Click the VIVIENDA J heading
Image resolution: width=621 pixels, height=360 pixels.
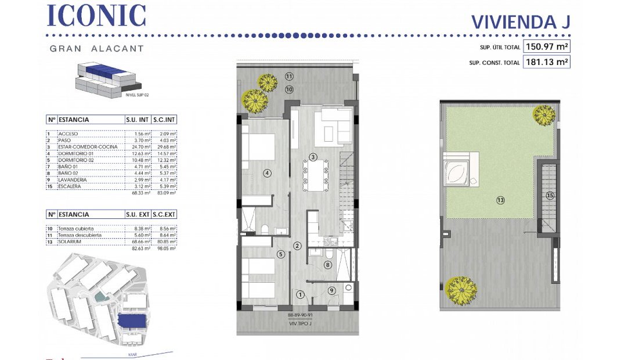[521, 21]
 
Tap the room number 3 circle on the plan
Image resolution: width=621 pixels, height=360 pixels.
[312, 157]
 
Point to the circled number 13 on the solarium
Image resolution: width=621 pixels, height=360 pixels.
[500, 200]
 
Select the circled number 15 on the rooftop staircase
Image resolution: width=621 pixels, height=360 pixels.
[550, 196]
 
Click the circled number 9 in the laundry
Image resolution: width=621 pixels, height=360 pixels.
[331, 291]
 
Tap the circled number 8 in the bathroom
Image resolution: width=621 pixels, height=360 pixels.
[327, 265]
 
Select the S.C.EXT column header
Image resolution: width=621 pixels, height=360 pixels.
[164, 214]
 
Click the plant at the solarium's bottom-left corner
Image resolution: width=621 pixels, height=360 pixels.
[461, 287]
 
